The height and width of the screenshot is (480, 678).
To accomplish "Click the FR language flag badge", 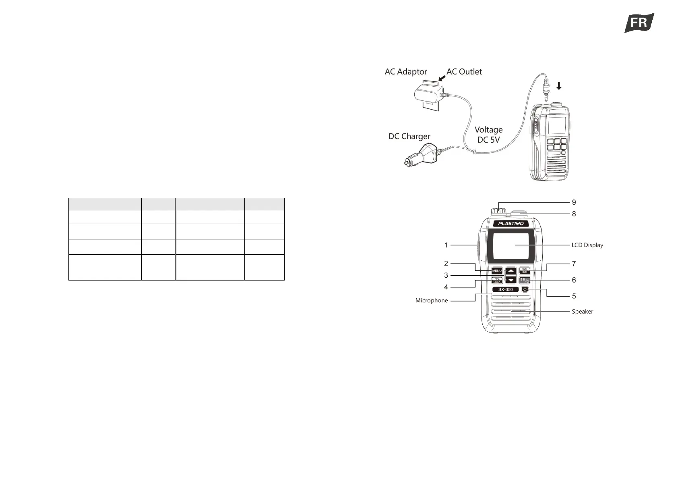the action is [639, 23].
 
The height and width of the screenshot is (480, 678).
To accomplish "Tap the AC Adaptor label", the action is [405, 72].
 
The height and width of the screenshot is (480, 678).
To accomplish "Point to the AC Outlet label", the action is [464, 72].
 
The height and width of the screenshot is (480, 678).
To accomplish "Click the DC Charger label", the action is [409, 137].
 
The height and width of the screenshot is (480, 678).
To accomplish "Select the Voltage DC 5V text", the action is [488, 135].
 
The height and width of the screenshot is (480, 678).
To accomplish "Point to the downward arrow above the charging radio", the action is [558, 85].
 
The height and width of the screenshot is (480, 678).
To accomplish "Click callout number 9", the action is [574, 202].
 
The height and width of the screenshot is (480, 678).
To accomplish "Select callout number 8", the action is [574, 214].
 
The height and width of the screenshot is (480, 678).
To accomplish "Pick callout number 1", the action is [446, 245].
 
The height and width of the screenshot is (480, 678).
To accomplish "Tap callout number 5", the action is [574, 296].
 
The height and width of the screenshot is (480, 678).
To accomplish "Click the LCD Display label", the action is [587, 245].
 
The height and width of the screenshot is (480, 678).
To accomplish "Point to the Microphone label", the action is [432, 301].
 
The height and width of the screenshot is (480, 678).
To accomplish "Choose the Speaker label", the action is [582, 312].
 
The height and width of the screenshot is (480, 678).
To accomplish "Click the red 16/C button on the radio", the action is [525, 281].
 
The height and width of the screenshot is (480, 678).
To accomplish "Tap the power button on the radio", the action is [525, 289].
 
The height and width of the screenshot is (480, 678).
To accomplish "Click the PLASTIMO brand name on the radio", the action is [511, 224].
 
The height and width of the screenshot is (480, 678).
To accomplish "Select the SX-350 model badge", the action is [505, 289].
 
